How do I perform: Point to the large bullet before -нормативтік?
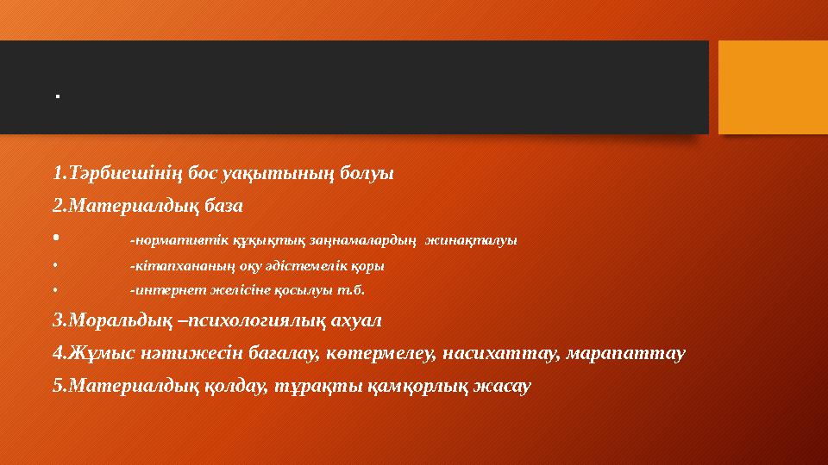coord(55,238)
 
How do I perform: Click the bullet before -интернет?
coord(54,290)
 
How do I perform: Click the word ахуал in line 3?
coord(354,320)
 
